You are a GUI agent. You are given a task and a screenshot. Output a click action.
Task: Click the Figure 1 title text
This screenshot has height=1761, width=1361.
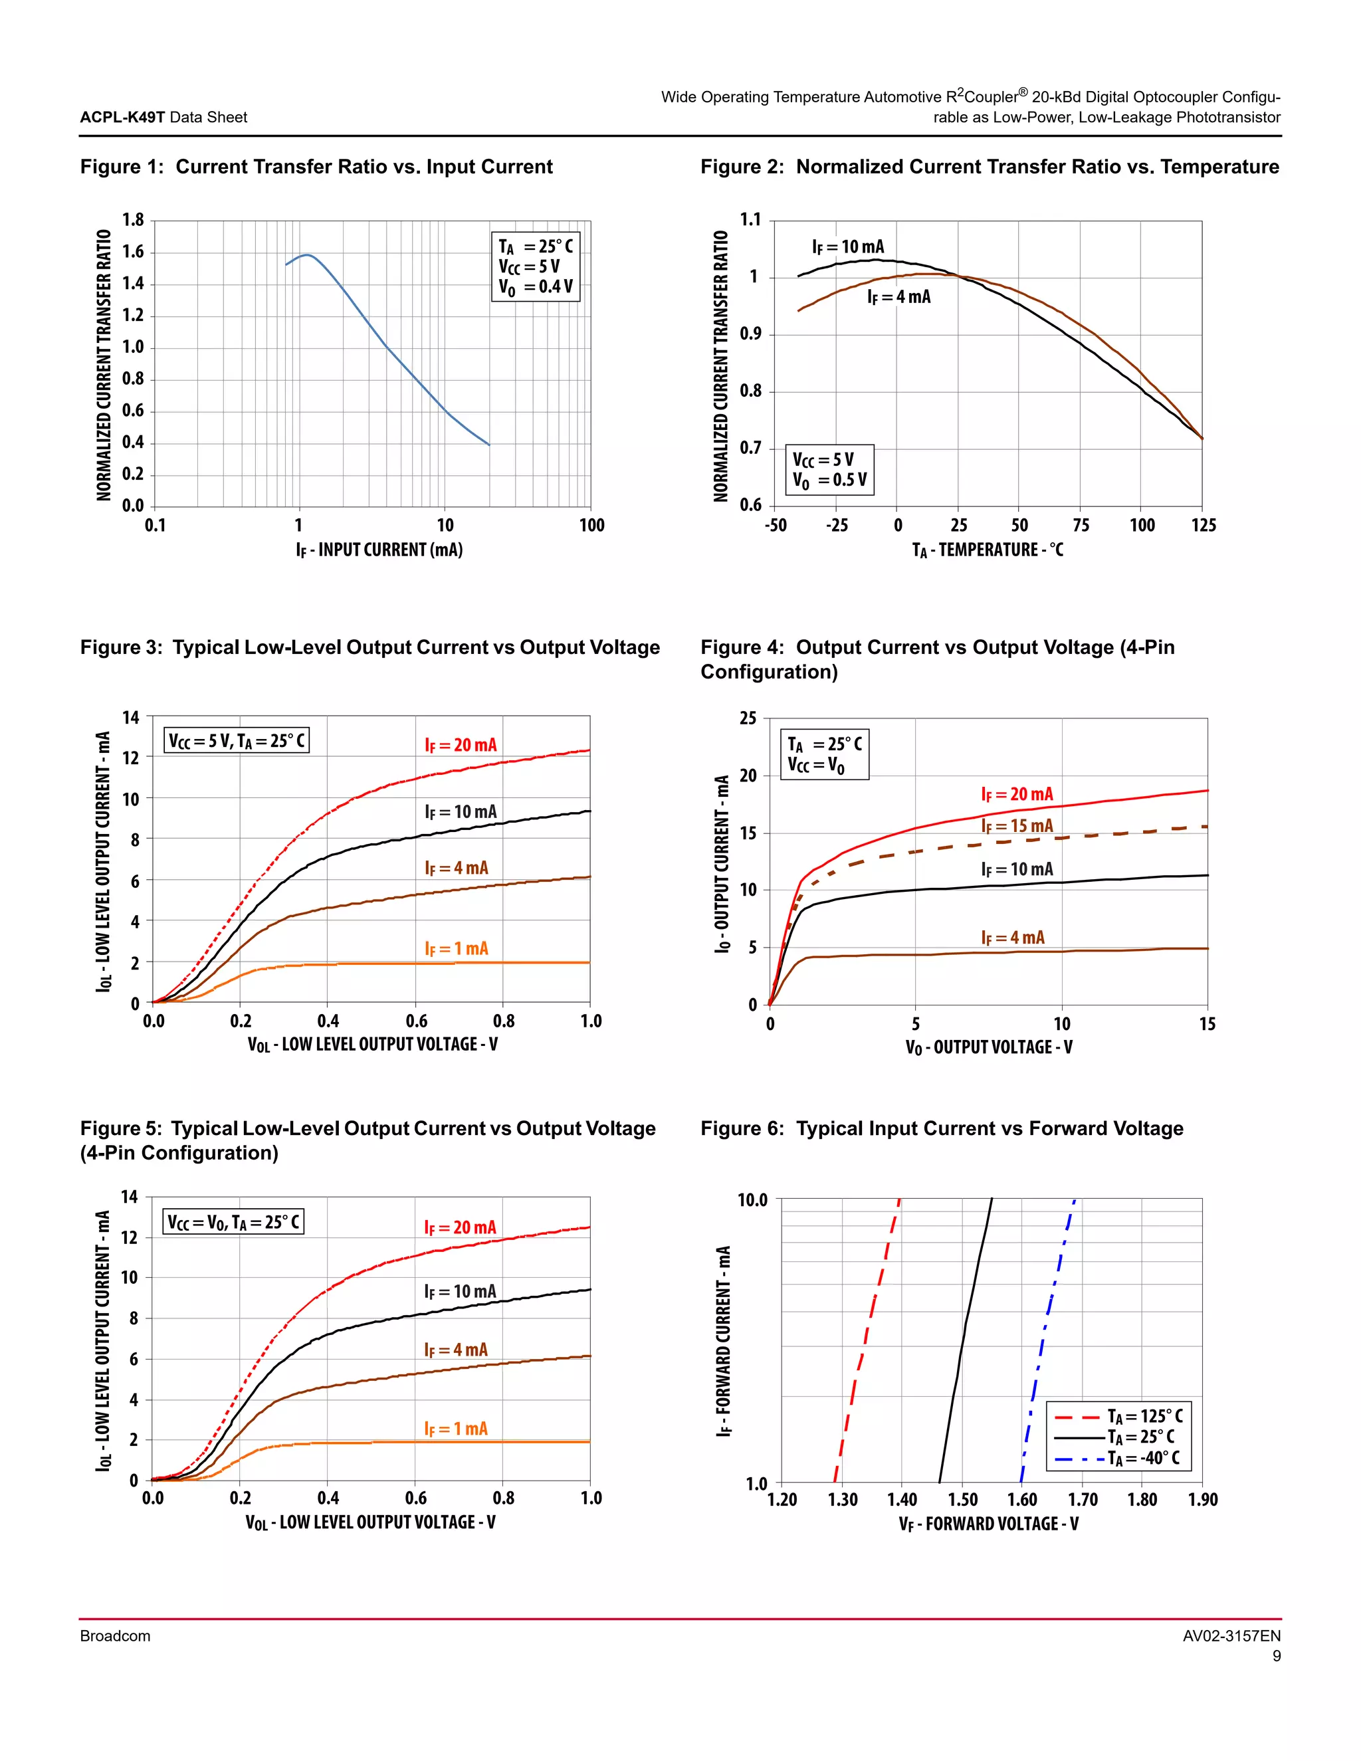coord(316,167)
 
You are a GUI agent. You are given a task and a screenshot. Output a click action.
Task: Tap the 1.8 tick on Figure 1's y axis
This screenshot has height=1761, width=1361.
coord(133,220)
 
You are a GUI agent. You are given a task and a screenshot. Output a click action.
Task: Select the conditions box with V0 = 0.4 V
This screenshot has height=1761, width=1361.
coord(536,267)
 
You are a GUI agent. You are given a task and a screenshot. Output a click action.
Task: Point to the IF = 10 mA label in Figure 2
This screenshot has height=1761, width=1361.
coord(847,247)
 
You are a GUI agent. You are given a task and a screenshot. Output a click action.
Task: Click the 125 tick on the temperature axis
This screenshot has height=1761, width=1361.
coord(1203,526)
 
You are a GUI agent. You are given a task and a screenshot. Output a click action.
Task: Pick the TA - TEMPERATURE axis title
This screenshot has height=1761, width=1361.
coord(987,550)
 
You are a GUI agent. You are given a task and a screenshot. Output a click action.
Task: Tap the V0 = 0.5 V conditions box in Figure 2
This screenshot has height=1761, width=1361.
coord(829,470)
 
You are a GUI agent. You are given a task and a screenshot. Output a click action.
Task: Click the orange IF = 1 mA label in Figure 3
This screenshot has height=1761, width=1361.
coord(457,948)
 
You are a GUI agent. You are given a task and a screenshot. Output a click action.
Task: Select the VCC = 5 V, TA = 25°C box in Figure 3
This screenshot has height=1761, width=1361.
coord(236,740)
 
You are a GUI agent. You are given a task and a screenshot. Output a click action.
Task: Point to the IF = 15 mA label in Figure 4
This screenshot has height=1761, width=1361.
coord(1017,825)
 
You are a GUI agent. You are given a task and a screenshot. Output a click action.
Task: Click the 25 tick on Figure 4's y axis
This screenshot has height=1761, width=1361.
coord(748,718)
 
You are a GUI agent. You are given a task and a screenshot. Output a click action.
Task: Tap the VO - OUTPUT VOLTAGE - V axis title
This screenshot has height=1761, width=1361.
coord(988,1047)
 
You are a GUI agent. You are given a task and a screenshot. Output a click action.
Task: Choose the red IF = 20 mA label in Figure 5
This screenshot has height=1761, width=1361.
coord(460,1227)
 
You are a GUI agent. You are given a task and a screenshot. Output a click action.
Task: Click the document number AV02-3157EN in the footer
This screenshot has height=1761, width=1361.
coord(1231,1636)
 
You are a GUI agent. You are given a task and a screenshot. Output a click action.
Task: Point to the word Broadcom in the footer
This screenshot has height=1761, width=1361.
coord(115,1636)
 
